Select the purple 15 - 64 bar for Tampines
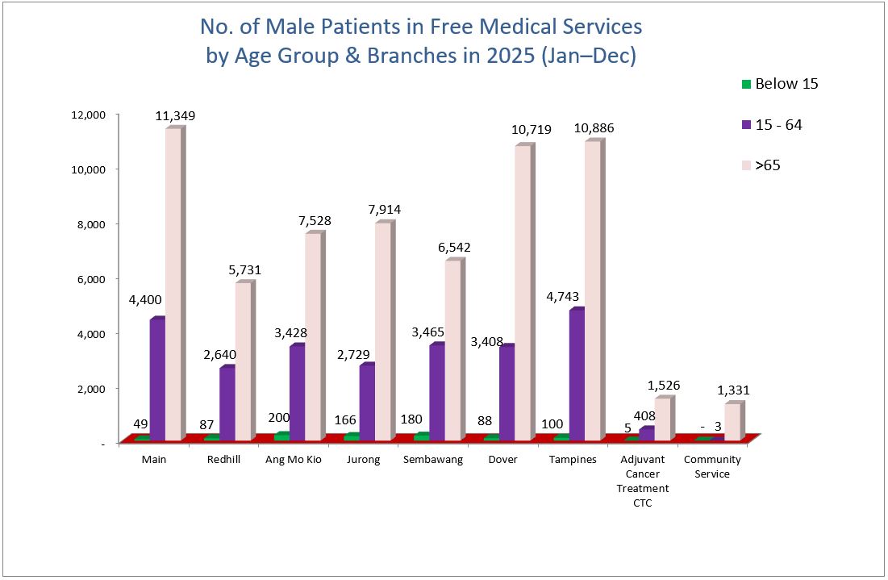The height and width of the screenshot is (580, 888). point(577,375)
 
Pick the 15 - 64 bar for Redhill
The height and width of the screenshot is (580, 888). point(227,403)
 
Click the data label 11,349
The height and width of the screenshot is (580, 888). point(175,116)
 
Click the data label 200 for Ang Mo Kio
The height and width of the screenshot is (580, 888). point(280,418)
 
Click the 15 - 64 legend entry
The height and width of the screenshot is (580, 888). point(772,125)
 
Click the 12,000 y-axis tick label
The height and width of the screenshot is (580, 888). point(88,115)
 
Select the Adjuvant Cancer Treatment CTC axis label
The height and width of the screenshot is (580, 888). point(643,481)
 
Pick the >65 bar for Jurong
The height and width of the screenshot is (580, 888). point(382,331)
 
